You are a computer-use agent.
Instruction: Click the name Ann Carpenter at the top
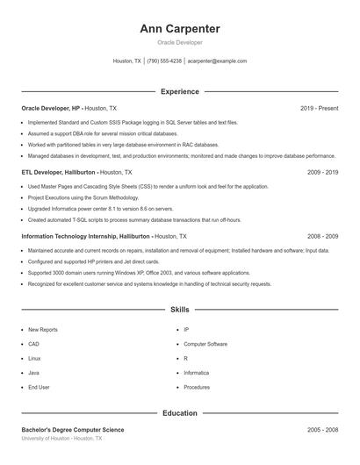tap(179, 29)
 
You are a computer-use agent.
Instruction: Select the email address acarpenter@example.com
tap(217, 61)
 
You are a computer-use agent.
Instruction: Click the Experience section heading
tap(179, 91)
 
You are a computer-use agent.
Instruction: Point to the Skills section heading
tap(179, 310)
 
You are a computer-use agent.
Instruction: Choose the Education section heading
tap(179, 412)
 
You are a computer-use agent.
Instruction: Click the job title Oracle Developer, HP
tap(51, 108)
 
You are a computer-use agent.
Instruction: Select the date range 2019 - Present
tap(319, 108)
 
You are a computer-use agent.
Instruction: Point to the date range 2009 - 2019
tap(322, 173)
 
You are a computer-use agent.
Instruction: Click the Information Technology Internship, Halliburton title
tap(86, 237)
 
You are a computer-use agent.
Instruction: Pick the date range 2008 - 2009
tap(322, 237)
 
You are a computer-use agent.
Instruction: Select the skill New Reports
tap(43, 330)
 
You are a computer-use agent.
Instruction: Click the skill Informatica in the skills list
tap(196, 373)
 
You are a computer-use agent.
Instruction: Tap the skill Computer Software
tap(205, 344)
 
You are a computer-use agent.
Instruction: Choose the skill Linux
tap(34, 358)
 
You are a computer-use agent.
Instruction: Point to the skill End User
tap(39, 387)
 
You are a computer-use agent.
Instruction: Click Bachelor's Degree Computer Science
tap(73, 430)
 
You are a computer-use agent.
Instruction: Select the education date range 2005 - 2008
tap(322, 430)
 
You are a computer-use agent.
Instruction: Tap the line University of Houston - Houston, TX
tap(61, 438)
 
